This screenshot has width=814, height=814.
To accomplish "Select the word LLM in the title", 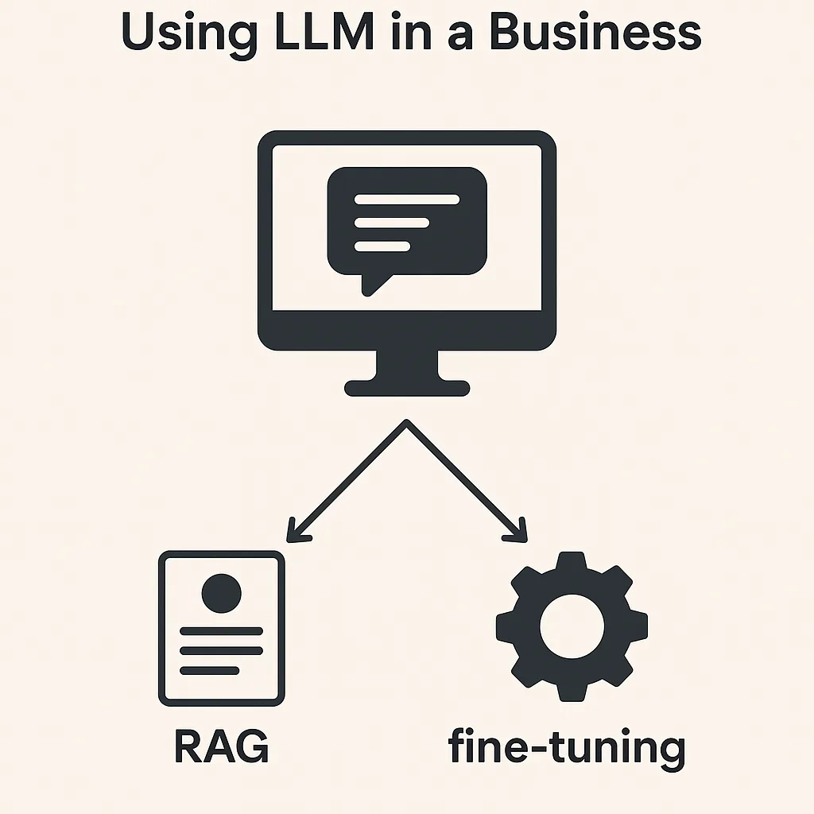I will point(310,33).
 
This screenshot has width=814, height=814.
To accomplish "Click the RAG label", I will point(221,746).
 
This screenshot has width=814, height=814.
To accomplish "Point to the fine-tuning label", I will point(566,748).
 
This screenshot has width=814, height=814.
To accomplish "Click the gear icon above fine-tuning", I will point(572,625).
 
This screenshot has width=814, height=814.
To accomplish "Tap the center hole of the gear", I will point(572,625).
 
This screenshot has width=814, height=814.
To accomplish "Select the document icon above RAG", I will point(221,628).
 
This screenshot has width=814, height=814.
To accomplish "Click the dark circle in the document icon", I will point(221,591).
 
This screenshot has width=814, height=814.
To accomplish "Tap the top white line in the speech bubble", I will point(406,200).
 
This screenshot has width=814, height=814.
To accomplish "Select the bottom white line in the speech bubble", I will point(382,246).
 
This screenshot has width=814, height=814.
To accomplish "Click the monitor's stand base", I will point(406,388).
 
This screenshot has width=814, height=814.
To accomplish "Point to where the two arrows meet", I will point(406,423).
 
